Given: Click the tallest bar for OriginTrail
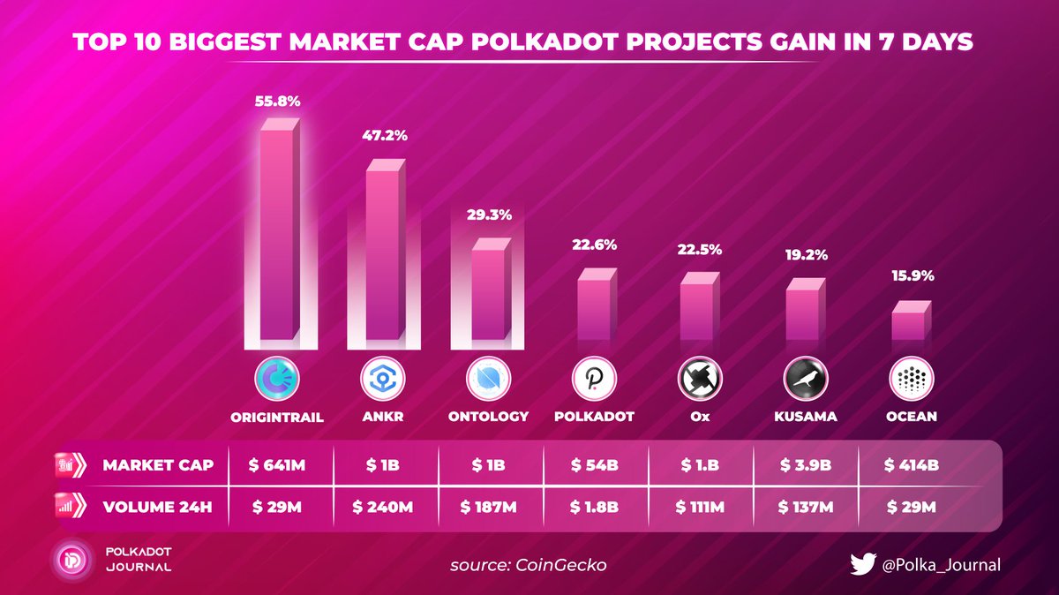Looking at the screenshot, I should pos(277,234).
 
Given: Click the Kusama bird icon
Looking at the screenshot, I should pos(806,380).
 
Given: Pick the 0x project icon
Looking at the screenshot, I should pos(700,380).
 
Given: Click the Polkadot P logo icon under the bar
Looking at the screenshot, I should pos(595,380).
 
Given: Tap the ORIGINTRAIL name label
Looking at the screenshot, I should pos(277,417).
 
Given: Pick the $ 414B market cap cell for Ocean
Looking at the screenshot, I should pos(912,464).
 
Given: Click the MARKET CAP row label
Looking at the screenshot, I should pos(157,464).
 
